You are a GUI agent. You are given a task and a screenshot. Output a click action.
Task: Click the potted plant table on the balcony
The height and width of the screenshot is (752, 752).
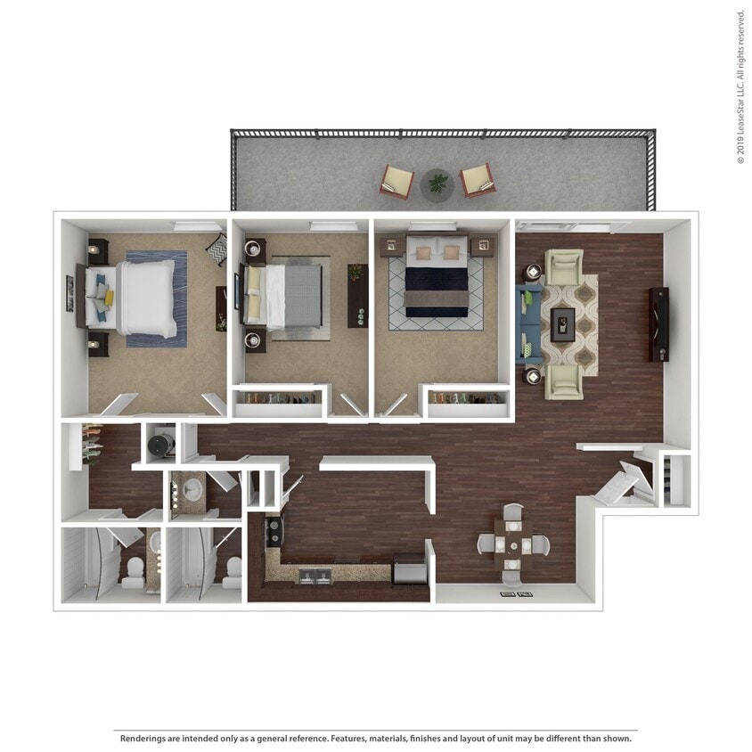point(437,184)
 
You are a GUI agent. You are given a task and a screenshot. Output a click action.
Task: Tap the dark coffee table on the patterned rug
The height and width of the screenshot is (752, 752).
point(562,324)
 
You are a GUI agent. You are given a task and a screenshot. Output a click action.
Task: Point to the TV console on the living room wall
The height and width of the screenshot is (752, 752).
point(658,324)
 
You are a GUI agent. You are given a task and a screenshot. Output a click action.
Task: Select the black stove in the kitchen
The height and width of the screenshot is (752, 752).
point(273,533)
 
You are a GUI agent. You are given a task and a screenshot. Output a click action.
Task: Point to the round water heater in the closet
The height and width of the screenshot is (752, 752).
point(161,442)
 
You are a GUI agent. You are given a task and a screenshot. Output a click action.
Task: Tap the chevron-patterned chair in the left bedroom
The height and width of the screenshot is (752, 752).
point(217,249)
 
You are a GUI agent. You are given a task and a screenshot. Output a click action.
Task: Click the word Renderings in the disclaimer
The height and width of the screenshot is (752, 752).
point(144,738)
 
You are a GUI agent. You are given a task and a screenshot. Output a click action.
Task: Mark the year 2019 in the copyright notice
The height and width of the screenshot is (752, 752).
point(740,149)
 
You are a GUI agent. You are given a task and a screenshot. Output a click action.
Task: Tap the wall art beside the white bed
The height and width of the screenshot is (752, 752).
point(69,293)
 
